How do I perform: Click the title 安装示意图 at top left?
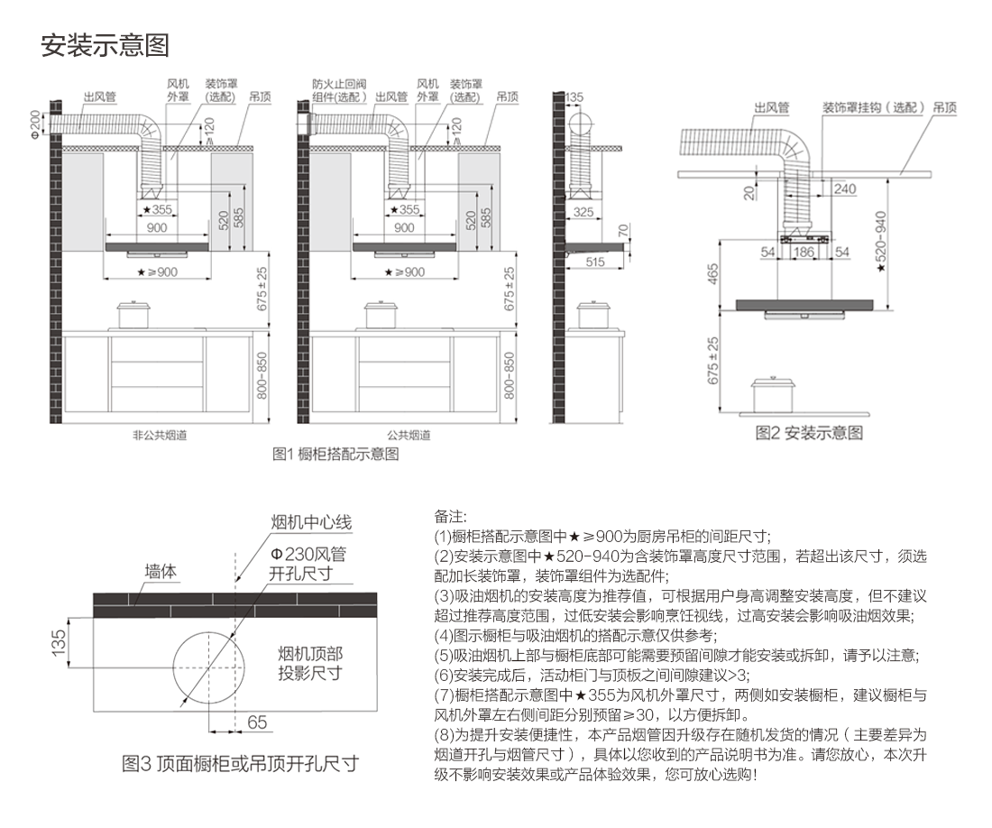click(106, 44)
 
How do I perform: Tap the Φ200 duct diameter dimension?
click(36, 124)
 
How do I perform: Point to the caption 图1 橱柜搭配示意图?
click(335, 455)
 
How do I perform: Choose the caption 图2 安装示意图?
click(809, 433)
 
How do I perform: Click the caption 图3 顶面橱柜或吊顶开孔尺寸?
click(240, 764)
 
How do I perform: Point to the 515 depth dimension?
click(594, 262)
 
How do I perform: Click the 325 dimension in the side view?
click(583, 213)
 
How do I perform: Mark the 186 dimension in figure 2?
click(803, 253)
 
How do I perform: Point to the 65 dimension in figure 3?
click(257, 722)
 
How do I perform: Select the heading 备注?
click(451, 517)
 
